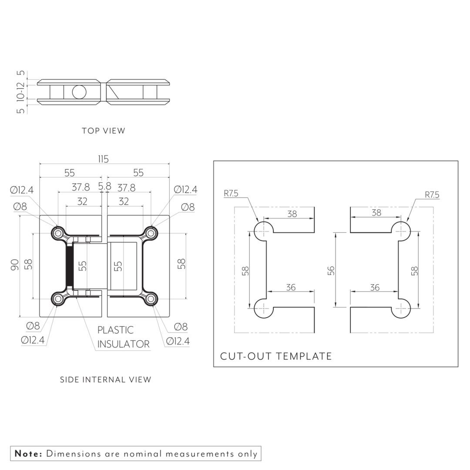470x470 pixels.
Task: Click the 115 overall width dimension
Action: point(104,159)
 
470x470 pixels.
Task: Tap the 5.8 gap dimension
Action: point(104,186)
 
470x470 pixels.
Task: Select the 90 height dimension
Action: point(15,265)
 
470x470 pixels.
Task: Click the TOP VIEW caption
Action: point(104,131)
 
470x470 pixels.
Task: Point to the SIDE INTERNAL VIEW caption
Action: point(105,379)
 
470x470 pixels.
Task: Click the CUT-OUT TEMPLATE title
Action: point(276,356)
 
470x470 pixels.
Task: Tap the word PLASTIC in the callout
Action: point(115,330)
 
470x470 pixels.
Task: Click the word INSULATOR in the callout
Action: point(124,344)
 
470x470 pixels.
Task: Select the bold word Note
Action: point(28,453)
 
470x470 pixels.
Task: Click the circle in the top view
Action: point(79,92)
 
